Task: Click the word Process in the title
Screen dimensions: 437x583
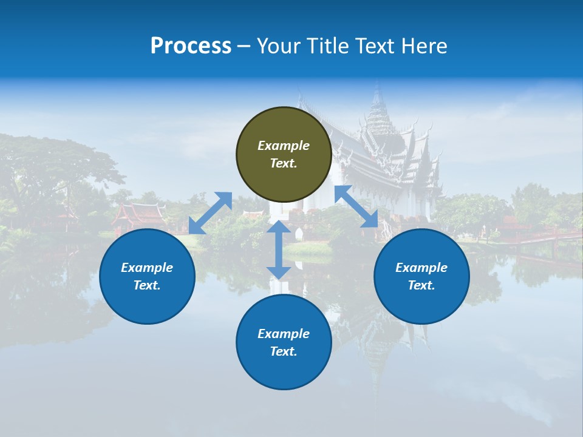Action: tap(191, 46)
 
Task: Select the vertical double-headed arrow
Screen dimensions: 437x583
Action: tap(279, 249)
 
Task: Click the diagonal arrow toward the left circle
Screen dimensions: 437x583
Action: tap(210, 213)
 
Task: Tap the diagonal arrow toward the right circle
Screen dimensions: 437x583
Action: tap(356, 206)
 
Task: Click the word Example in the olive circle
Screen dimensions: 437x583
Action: tap(284, 146)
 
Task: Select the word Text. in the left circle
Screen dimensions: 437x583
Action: tap(147, 285)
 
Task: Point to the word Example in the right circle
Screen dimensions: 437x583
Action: tap(421, 268)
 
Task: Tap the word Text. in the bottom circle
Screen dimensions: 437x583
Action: tap(284, 351)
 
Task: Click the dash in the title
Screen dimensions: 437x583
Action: tap(244, 46)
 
